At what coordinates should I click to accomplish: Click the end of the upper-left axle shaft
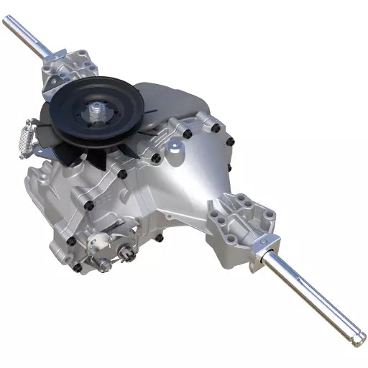coord(6,19)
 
